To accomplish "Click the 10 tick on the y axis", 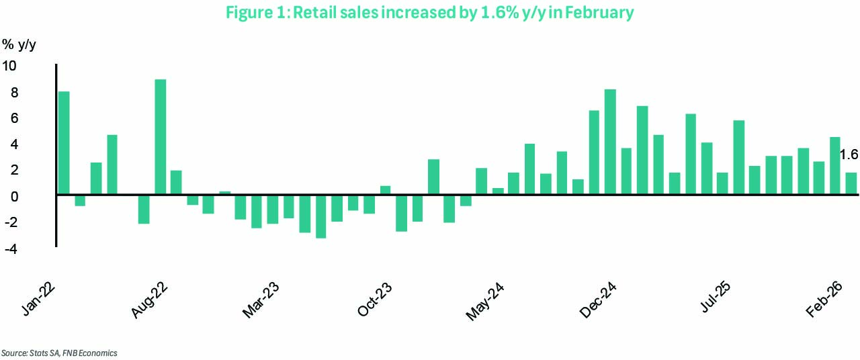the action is [x=9, y=66].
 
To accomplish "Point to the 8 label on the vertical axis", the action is [x=14, y=93].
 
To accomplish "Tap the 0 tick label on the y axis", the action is [x=14, y=197].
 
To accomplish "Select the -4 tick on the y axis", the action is [x=11, y=249].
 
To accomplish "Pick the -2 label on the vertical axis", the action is [x=11, y=222].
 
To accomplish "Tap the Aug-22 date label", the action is [x=149, y=300].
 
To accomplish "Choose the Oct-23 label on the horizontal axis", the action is [x=374, y=300].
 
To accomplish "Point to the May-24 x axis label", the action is [x=485, y=302].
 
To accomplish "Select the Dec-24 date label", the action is [x=598, y=300].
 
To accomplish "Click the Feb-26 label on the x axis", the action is [x=824, y=300].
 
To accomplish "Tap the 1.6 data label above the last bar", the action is [x=849, y=154].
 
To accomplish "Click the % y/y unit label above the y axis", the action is [x=19, y=45].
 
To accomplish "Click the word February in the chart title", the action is [x=599, y=13].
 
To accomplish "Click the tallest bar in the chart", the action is [x=161, y=137].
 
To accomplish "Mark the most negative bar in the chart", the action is [x=320, y=216].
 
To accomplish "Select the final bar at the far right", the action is [x=851, y=183].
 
